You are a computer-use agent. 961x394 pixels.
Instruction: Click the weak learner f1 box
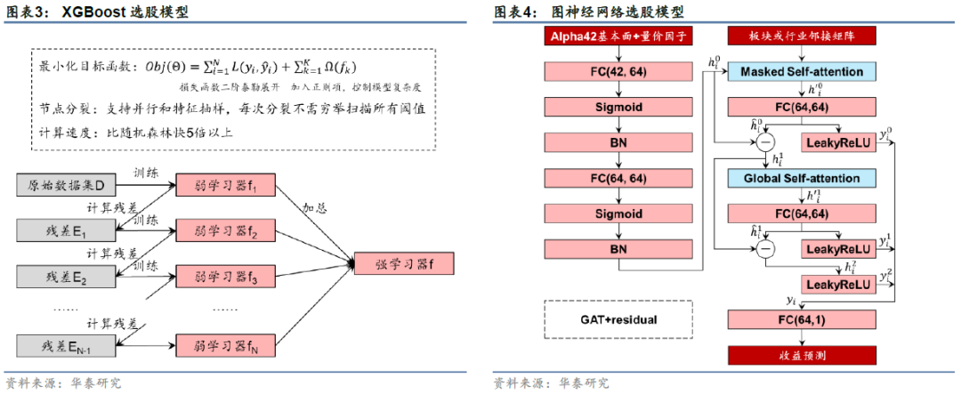point(226,186)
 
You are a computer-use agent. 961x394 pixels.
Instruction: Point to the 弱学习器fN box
point(226,344)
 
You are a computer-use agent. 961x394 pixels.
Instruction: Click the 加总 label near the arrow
point(314,208)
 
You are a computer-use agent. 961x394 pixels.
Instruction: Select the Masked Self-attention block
point(802,71)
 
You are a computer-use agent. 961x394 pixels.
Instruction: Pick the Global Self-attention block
point(802,178)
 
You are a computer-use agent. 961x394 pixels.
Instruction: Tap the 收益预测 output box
point(802,355)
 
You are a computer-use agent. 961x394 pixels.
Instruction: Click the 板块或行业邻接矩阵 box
point(802,36)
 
